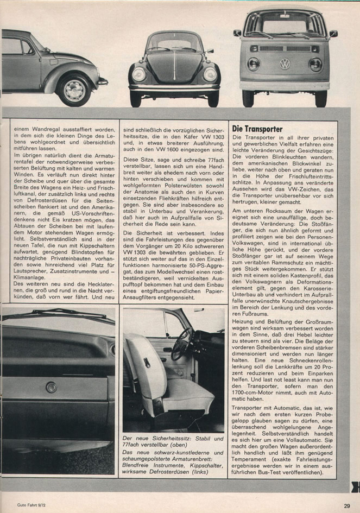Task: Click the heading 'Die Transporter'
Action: pyautogui.click(x=257, y=129)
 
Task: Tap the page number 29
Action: pyautogui.click(x=346, y=506)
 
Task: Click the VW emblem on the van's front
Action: pyautogui.click(x=285, y=64)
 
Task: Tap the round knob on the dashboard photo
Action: pyautogui.click(x=51, y=387)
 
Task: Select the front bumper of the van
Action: pyautogui.click(x=285, y=86)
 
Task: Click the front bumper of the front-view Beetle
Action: pyautogui.click(x=174, y=87)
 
